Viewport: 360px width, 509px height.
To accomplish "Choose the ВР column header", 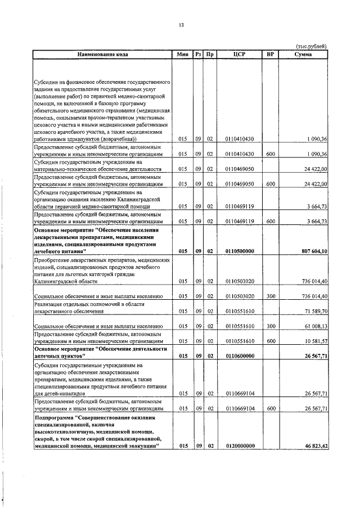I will [x=271, y=55].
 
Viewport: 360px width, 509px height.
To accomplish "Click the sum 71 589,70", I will [x=315, y=310].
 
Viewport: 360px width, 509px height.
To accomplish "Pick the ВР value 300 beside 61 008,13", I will [x=271, y=326].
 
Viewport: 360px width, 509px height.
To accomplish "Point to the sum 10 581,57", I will [x=315, y=341].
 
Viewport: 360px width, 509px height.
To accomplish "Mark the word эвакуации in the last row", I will [x=139, y=445].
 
